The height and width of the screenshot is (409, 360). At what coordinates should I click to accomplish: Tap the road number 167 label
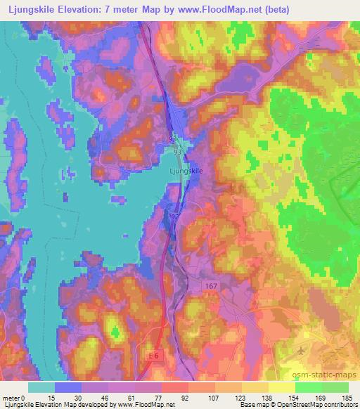(213, 286)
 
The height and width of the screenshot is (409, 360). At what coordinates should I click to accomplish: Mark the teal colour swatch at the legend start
(41, 387)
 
